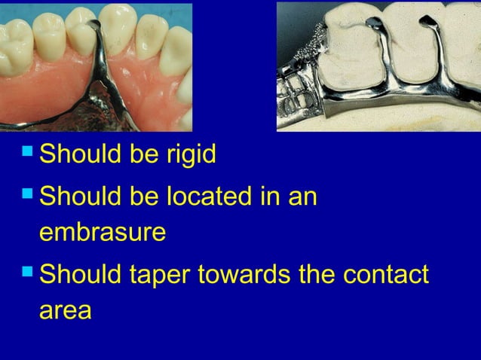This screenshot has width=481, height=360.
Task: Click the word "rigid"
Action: [x=187, y=155]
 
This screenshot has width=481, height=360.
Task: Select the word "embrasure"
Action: [x=103, y=232]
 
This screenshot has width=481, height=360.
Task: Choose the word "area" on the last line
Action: [x=65, y=310]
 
